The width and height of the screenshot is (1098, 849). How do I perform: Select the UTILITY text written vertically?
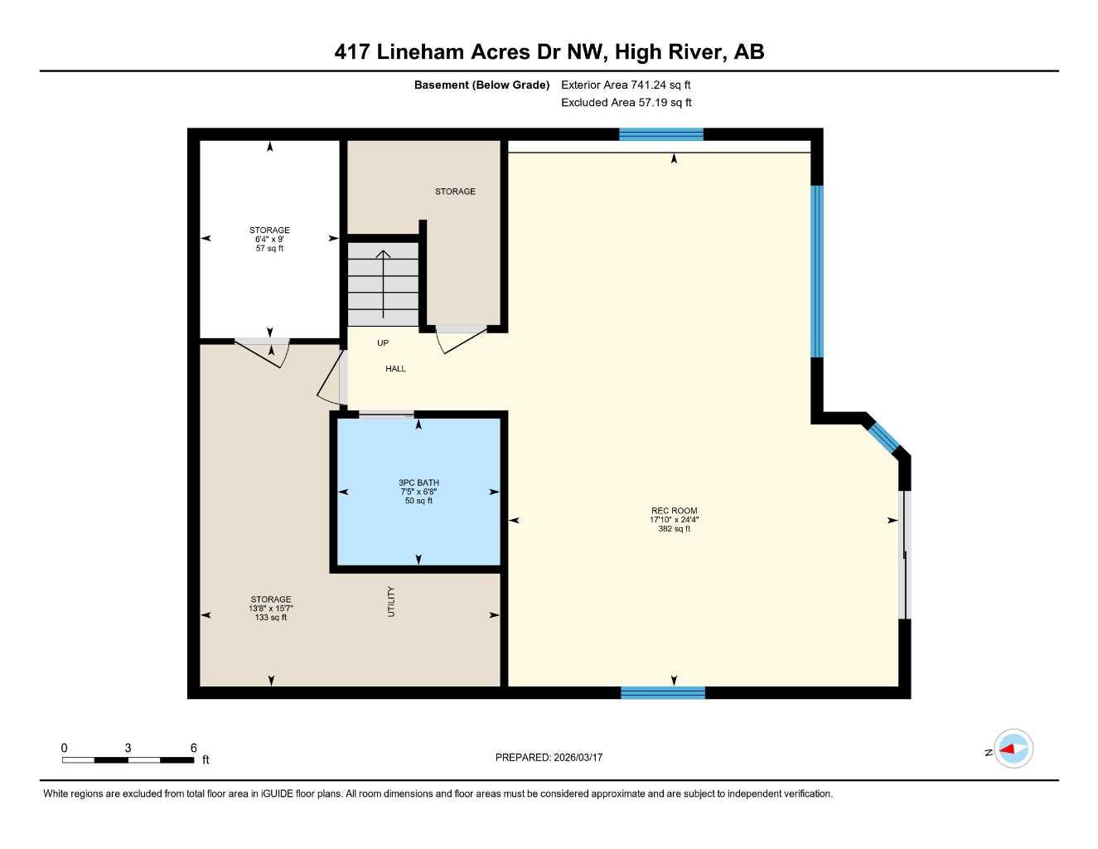click(391, 602)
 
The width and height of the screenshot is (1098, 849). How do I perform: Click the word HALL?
click(395, 369)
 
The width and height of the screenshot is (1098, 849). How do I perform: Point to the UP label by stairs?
click(383, 343)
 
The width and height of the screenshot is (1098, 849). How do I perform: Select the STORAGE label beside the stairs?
click(455, 192)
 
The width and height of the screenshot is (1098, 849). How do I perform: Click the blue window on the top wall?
click(660, 134)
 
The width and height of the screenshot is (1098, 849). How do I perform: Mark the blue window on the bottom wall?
click(662, 692)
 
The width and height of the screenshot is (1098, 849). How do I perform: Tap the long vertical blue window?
click(817, 270)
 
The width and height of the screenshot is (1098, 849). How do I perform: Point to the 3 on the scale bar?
click(128, 748)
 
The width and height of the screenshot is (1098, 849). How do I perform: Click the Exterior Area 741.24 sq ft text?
click(626, 85)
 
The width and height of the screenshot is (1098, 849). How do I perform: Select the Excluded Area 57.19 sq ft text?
click(626, 103)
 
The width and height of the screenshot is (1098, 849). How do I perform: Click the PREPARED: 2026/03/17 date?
click(549, 758)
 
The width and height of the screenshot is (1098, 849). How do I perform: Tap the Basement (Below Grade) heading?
click(481, 85)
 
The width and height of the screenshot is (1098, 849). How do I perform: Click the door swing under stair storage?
click(458, 341)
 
